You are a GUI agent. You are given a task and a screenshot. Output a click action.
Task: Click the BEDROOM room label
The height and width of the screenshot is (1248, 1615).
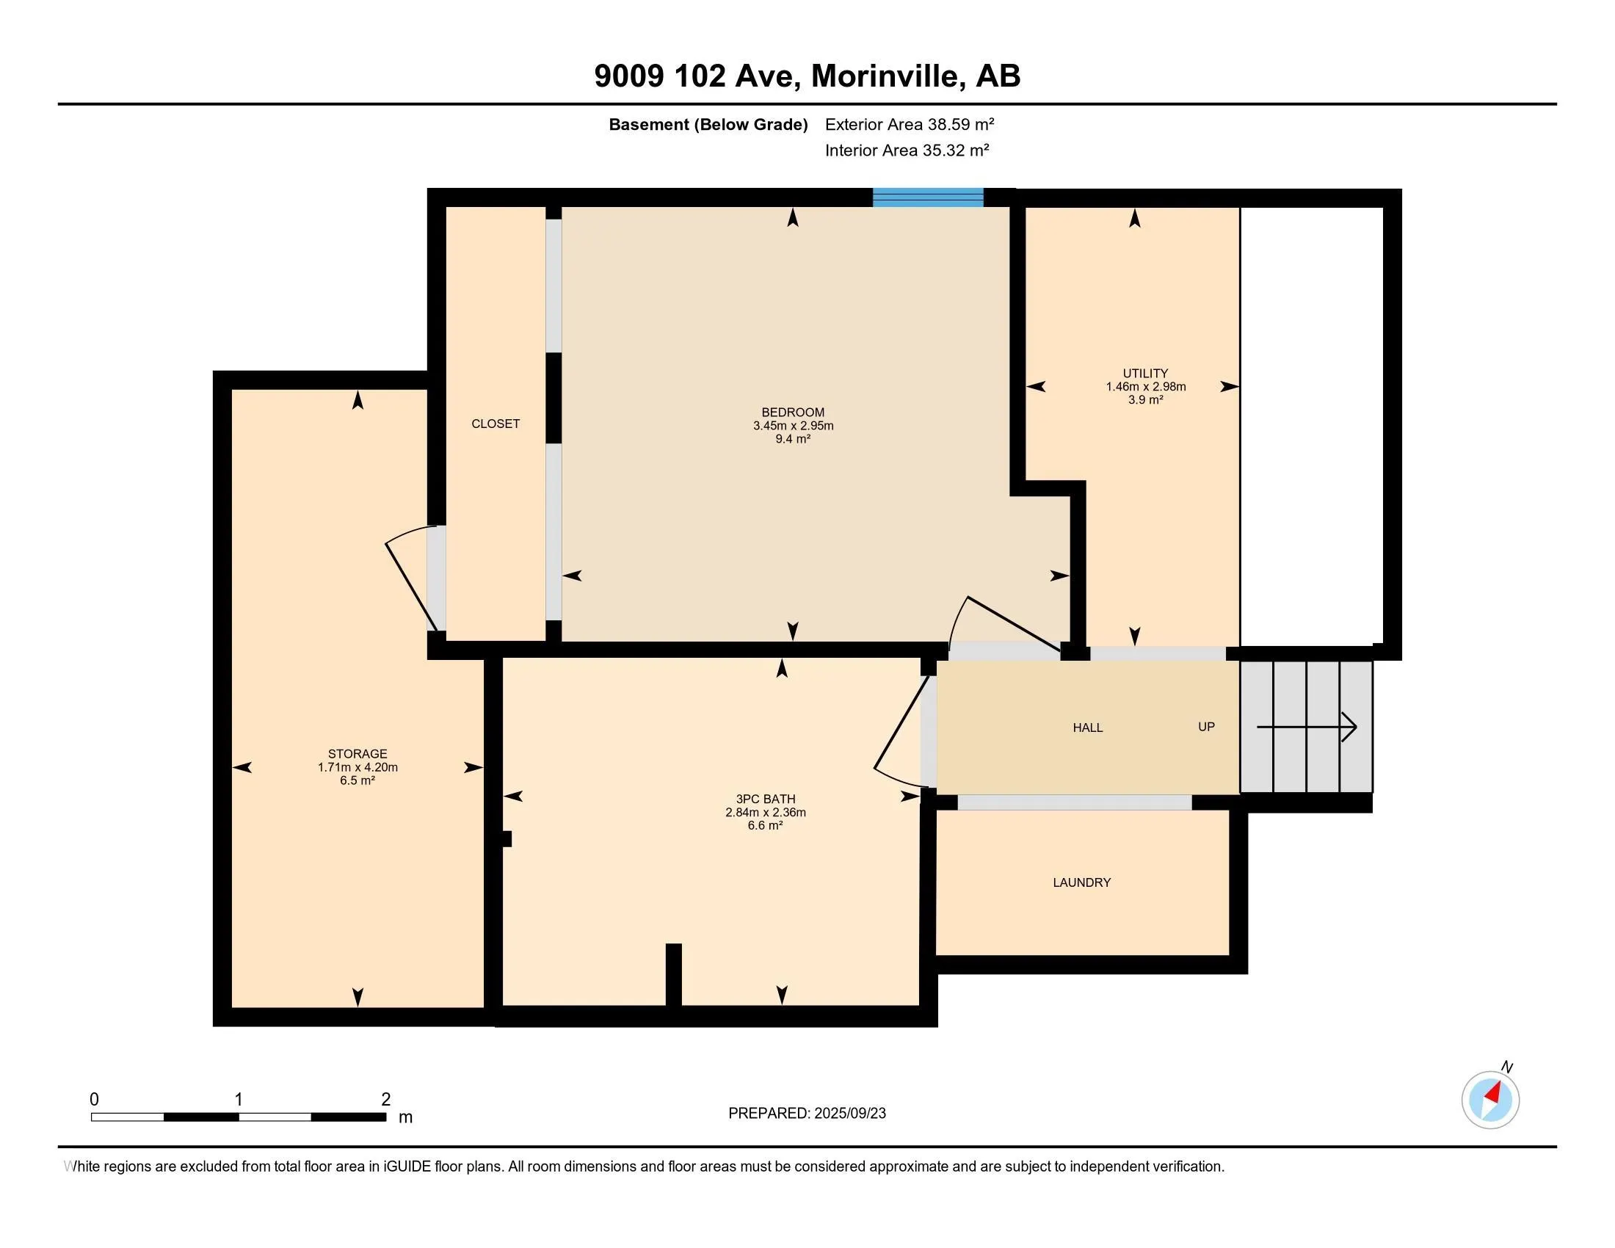pyautogui.click(x=793, y=413)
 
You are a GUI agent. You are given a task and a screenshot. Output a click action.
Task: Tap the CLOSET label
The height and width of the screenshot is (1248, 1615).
pyautogui.click(x=496, y=424)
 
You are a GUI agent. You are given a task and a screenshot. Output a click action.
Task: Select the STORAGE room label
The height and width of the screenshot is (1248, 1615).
pyautogui.click(x=358, y=754)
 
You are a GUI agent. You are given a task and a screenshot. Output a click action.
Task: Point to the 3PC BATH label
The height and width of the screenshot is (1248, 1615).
pyautogui.click(x=766, y=799)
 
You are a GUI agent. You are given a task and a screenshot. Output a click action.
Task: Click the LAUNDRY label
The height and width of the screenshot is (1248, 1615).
pyautogui.click(x=1082, y=882)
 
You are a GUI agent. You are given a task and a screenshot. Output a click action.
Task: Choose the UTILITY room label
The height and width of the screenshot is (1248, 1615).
pyautogui.click(x=1145, y=374)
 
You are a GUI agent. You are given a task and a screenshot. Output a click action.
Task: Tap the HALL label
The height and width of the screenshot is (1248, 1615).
pyautogui.click(x=1088, y=728)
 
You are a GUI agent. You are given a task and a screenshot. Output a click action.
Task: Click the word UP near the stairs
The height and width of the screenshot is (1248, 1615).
pyautogui.click(x=1206, y=727)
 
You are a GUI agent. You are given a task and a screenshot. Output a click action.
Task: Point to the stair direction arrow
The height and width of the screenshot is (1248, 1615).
pyautogui.click(x=1307, y=728)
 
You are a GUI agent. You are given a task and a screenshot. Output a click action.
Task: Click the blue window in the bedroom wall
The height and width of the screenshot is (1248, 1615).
pyautogui.click(x=928, y=197)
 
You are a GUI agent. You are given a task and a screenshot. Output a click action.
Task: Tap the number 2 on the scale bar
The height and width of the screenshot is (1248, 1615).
pyautogui.click(x=385, y=1100)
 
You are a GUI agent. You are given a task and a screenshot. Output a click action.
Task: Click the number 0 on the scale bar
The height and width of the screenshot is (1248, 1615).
pyautogui.click(x=94, y=1100)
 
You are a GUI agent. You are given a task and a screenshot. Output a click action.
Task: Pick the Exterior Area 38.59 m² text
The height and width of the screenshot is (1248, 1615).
pyautogui.click(x=910, y=124)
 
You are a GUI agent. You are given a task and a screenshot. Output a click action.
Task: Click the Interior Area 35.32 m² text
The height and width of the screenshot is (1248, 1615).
pyautogui.click(x=907, y=150)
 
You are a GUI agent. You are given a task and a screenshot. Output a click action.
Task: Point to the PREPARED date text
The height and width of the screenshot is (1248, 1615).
pyautogui.click(x=807, y=1114)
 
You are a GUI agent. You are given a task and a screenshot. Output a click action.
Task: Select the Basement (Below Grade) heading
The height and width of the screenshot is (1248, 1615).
pyautogui.click(x=708, y=124)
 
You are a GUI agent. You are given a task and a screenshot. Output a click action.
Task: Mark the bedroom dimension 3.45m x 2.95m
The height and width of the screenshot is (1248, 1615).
pyautogui.click(x=793, y=426)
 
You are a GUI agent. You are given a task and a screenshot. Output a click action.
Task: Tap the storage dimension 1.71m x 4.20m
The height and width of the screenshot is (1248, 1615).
pyautogui.click(x=358, y=767)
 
